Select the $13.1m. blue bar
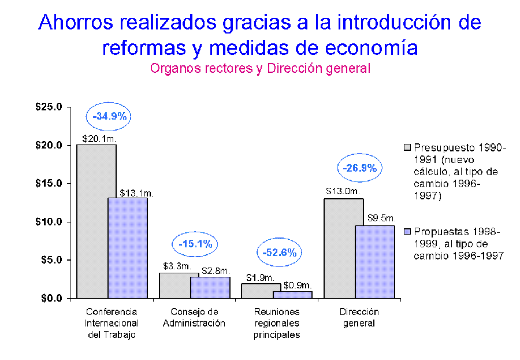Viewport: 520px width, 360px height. (128, 248)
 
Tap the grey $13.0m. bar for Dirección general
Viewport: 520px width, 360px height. (343, 248)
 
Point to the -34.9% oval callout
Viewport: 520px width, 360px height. (109, 117)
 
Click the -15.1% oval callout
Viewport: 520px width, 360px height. (195, 244)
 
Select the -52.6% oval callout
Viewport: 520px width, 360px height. (279, 253)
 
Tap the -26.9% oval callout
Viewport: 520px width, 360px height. (360, 169)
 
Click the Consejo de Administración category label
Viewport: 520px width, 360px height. (194, 318)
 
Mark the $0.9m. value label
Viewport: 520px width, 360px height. (298, 285)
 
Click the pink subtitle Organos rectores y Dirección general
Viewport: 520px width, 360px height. (260, 68)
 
